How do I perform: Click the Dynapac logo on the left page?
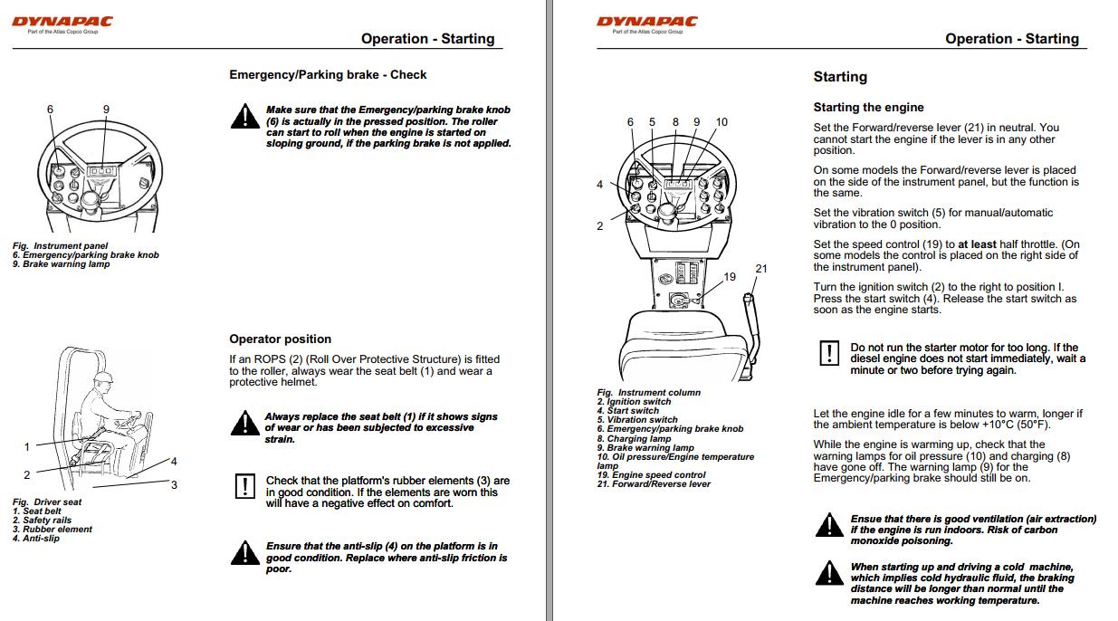(x=62, y=22)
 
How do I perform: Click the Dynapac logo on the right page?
(x=647, y=22)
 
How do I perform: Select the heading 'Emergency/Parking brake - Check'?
(x=328, y=74)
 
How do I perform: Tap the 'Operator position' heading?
(x=280, y=339)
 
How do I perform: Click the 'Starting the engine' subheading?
(x=868, y=107)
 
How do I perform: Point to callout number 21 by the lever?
(x=761, y=268)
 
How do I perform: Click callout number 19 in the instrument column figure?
(x=730, y=277)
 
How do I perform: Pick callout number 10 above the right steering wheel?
(x=721, y=122)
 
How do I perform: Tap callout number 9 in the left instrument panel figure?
(x=106, y=110)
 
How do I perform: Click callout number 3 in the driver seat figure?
(x=174, y=485)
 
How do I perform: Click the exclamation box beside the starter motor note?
(x=827, y=354)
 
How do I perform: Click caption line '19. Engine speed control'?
(x=651, y=475)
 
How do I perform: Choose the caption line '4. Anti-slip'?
(x=36, y=539)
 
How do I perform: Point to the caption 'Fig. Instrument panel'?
(x=60, y=245)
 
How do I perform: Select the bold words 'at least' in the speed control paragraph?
(x=976, y=244)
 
